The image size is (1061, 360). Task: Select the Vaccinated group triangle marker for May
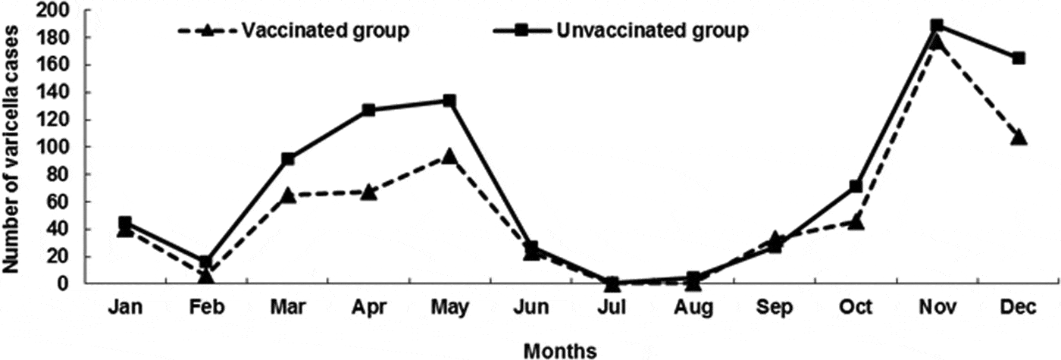click(x=449, y=157)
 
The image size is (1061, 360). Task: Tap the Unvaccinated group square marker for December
click(x=1019, y=58)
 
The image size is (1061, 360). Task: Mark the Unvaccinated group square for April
click(x=368, y=110)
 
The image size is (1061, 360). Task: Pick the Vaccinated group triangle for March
click(x=287, y=196)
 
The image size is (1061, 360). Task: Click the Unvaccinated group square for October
click(x=856, y=186)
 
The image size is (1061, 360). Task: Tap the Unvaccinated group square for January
click(x=125, y=223)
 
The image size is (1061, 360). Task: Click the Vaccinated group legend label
click(x=326, y=31)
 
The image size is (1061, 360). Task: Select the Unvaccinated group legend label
click(x=653, y=31)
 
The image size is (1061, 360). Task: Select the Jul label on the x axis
click(x=612, y=307)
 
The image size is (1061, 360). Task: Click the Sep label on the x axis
click(x=775, y=307)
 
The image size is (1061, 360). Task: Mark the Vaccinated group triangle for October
click(x=856, y=222)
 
